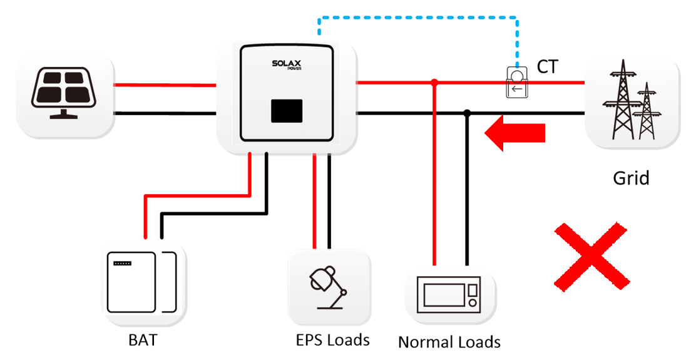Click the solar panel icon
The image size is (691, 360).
click(63, 93)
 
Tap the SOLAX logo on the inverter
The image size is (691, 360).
click(287, 64)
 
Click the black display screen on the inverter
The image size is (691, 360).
click(287, 111)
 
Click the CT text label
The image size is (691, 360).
click(547, 67)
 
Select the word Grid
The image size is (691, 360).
click(630, 178)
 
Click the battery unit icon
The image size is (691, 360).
click(140, 281)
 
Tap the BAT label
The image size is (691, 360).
click(143, 341)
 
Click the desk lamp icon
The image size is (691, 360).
click(327, 286)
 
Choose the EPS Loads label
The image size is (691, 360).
click(332, 340)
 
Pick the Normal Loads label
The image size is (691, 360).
click(449, 342)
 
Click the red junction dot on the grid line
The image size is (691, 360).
click(434, 82)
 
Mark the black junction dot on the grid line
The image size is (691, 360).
click(466, 113)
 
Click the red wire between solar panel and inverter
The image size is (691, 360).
click(165, 84)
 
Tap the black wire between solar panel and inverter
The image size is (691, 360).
click(165, 113)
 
